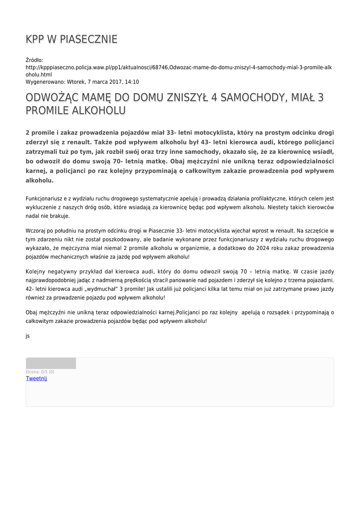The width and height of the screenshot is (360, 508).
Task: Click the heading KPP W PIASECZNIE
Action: click(72, 39)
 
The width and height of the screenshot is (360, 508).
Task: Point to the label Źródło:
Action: click(35, 60)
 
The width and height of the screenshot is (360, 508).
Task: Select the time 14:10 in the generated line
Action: click(132, 82)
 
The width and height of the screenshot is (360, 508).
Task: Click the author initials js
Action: click(28, 336)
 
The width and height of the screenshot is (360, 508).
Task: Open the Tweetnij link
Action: click(36, 379)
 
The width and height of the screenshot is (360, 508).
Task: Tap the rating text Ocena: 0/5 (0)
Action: click(40, 372)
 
